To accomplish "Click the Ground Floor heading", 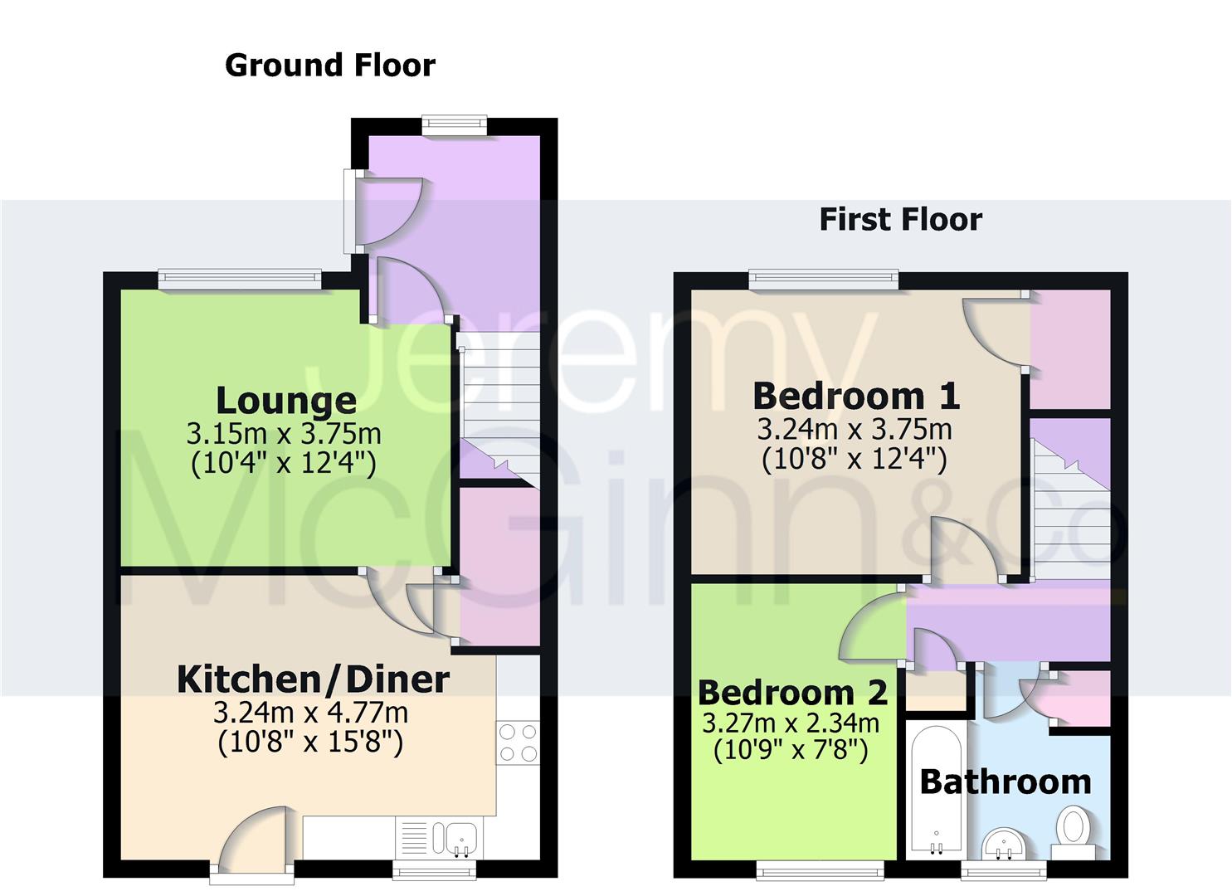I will coord(329,65).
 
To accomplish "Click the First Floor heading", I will coord(900,219).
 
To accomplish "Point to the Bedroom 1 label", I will coord(856,396).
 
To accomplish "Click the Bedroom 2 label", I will coord(792,692).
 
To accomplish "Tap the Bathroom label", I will coord(1005,782).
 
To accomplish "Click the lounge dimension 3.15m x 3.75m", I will coord(284,433).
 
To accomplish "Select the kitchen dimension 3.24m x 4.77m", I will coord(310,712).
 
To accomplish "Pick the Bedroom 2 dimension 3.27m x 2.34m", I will coord(791,723).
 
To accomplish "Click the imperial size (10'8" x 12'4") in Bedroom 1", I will coord(855,459).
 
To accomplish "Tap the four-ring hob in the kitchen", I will coord(517,743).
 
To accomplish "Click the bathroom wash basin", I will coord(1005,845).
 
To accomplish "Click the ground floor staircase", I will coord(499,407).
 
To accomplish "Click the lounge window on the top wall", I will coord(240,280).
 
